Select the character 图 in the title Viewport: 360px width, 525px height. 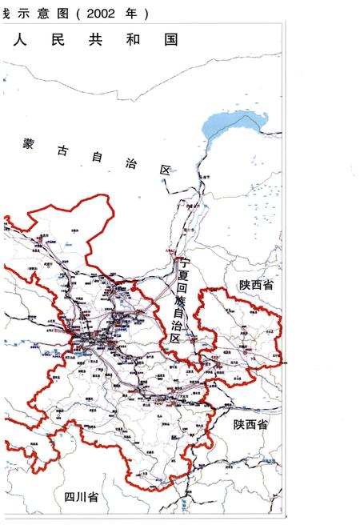[x=67, y=14]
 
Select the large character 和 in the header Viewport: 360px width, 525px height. [x=134, y=38]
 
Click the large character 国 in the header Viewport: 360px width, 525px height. [x=170, y=38]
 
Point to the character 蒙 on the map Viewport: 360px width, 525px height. [x=29, y=144]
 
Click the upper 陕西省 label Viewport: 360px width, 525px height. [x=255, y=285]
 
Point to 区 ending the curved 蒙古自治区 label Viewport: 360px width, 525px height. [x=166, y=170]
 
